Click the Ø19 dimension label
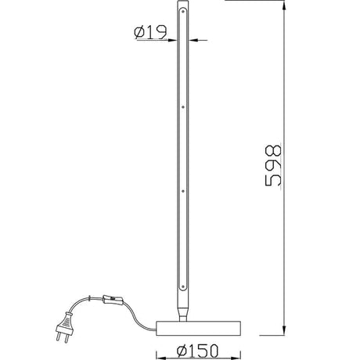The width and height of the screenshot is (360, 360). tap(150, 32)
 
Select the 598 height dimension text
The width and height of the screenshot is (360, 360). tap(273, 165)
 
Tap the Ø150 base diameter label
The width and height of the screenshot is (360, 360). tap(197, 351)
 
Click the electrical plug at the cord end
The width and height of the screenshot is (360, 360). tap(64, 326)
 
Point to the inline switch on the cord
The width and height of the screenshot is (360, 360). tap(113, 300)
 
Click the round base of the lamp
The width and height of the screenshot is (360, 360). tap(198, 328)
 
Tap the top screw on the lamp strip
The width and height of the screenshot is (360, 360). tap(183, 11)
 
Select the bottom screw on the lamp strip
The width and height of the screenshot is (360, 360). tap(183, 286)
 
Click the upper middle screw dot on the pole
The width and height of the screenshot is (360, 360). tap(183, 107)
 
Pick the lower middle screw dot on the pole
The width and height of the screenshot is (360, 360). tap(183, 191)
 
